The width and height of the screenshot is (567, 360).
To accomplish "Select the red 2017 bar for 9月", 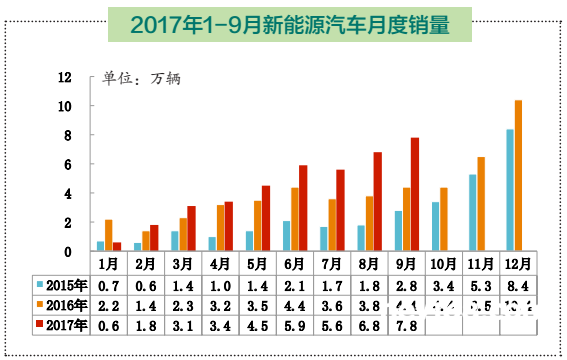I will click(414, 194).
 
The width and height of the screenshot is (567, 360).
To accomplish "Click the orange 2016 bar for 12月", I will click(518, 175).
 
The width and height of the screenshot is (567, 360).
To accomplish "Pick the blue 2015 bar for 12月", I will click(510, 190).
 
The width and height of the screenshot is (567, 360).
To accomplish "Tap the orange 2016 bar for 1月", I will click(108, 235).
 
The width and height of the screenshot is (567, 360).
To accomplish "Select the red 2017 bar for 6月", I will click(302, 208).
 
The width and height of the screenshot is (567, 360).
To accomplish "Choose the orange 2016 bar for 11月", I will click(481, 203).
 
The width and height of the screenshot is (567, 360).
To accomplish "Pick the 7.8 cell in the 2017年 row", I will click(405, 324).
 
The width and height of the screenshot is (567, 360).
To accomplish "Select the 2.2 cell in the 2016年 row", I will click(109, 305).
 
